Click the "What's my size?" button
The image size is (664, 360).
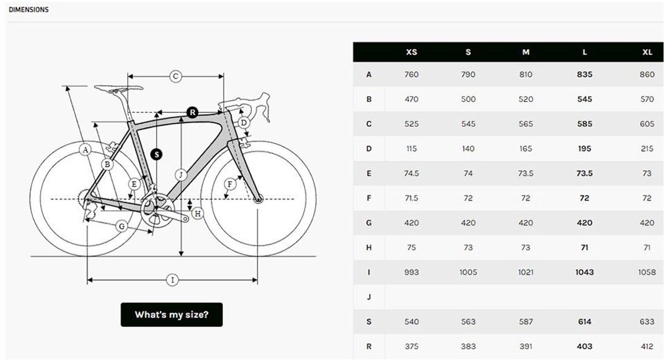pos(172,315)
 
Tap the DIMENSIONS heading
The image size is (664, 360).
pos(29,9)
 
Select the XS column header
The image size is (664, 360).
pos(412,52)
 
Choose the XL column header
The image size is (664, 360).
pos(647,52)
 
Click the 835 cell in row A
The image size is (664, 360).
pos(584,75)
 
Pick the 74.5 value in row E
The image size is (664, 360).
pos(412,173)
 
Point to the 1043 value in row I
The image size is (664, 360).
pos(584,272)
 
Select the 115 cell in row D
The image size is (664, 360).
pos(412,149)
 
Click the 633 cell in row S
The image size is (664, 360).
pos(647,322)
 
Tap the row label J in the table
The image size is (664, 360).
pos(369,297)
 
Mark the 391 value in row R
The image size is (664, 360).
pos(526,346)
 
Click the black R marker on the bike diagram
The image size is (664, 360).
pos(192,112)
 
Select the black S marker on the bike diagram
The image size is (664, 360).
pos(157,154)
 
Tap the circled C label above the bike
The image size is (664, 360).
pos(175,76)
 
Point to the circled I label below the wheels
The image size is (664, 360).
pos(173,280)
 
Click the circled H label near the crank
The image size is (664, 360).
pos(198,212)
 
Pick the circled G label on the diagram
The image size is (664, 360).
pos(122,226)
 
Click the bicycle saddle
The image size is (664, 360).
pos(118,88)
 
